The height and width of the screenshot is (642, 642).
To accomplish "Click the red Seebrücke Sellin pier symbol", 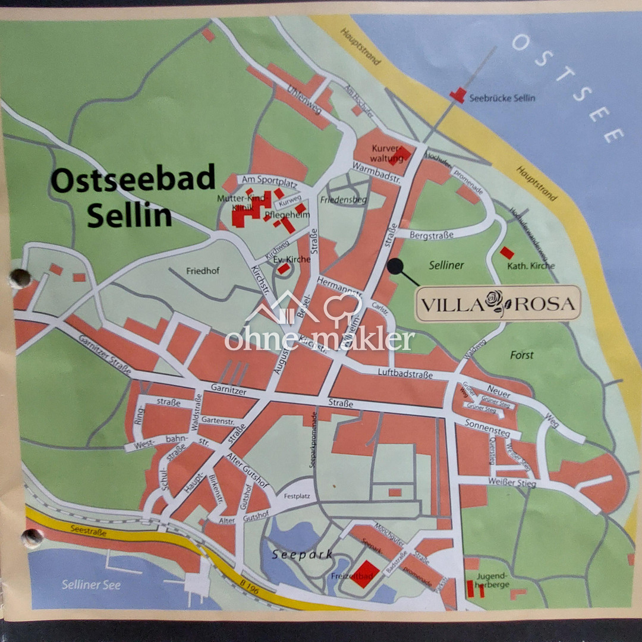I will [458, 95].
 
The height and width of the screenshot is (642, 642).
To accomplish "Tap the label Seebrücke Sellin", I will [502, 98].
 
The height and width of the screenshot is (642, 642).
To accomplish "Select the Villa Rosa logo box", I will [498, 303].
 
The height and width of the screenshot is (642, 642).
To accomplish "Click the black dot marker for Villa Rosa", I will [394, 266].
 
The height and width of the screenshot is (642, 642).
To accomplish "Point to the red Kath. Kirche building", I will [506, 253].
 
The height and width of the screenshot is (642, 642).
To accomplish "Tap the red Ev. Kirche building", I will [284, 269].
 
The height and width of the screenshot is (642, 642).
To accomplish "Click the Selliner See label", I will [91, 585].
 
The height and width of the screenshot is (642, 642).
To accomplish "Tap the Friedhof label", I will [203, 271].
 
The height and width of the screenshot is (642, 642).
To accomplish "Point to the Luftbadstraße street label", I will [407, 373].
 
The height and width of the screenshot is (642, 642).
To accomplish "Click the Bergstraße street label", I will [432, 235].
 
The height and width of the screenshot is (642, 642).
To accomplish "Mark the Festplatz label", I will [298, 496].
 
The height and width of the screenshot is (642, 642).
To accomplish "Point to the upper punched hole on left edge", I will [19, 278].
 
